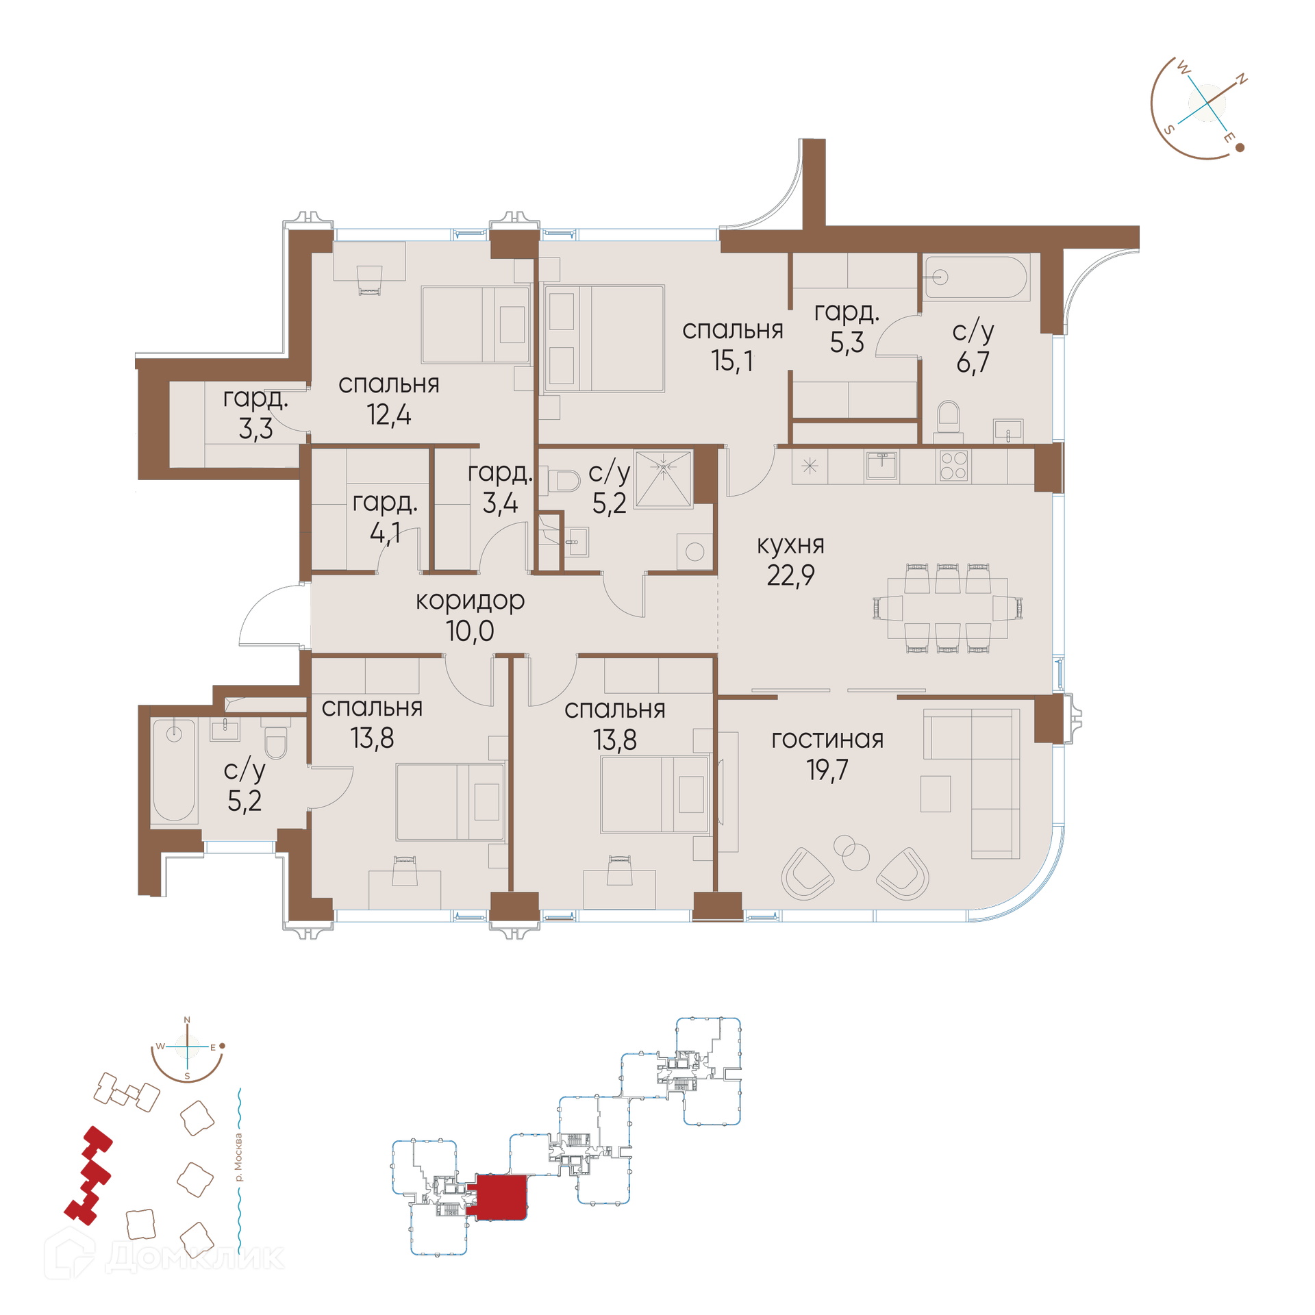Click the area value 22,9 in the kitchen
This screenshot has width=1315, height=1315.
tap(790, 576)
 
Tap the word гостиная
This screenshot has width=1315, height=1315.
tap(827, 739)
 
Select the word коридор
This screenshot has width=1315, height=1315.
tap(470, 601)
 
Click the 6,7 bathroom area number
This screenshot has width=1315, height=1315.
tap(973, 362)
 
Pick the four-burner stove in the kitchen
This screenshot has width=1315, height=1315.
tap(953, 466)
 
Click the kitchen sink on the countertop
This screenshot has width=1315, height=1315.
tap(881, 466)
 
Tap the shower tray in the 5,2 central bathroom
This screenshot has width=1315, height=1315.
tap(664, 479)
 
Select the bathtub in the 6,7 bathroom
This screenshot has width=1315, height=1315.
tap(976, 277)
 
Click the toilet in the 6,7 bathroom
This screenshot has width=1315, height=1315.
tap(949, 419)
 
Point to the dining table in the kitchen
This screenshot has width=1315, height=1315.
tap(947, 608)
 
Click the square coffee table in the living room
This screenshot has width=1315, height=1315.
tap(935, 794)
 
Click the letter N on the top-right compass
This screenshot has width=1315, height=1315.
tap(1240, 79)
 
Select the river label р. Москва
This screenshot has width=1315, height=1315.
tap(238, 1157)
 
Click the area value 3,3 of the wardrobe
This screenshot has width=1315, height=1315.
tap(255, 429)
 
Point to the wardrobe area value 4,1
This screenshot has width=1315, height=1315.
tap(385, 533)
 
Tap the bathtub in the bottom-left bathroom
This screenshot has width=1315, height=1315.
tap(174, 769)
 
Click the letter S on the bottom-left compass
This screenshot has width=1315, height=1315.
tap(187, 1076)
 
